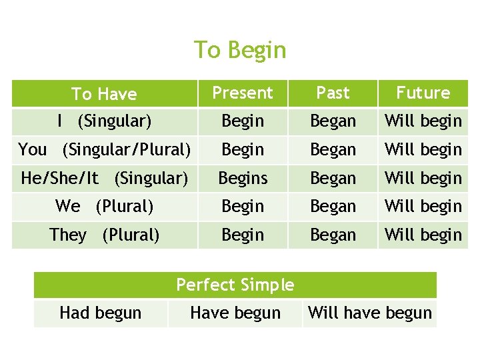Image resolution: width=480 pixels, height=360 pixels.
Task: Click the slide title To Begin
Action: pos(240,50)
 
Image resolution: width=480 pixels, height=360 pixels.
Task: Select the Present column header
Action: pos(243,93)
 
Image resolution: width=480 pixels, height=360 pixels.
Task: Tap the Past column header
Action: pos(333,93)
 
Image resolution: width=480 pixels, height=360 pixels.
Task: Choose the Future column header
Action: pos(423,93)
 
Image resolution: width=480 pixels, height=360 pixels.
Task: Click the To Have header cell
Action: pos(104,94)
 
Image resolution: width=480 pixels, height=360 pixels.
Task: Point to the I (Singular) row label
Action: pos(104,121)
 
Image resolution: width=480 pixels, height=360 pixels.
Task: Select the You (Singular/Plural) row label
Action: pos(104,149)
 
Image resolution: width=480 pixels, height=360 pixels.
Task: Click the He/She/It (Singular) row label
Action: pos(104,178)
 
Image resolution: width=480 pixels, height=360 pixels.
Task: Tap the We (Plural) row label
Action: pos(104,207)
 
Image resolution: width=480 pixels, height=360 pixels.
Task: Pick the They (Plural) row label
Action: pos(104,235)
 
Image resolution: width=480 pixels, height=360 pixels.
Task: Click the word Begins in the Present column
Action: pos(243,178)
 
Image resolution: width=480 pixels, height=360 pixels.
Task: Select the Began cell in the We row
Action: pos(333,207)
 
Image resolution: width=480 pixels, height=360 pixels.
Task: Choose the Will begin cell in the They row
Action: pos(423,235)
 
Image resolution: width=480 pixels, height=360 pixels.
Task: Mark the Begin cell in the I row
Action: pos(243,121)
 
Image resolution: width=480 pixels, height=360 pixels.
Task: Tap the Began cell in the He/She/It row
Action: pos(333,178)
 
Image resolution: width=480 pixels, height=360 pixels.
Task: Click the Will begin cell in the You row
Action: pos(423,149)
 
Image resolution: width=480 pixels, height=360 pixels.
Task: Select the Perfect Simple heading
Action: pos(235,285)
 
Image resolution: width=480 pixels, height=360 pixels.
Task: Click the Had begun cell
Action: pos(101,313)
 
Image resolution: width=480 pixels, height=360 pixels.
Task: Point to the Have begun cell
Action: pos(235,313)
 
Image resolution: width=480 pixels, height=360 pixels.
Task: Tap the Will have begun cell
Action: pos(370,313)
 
